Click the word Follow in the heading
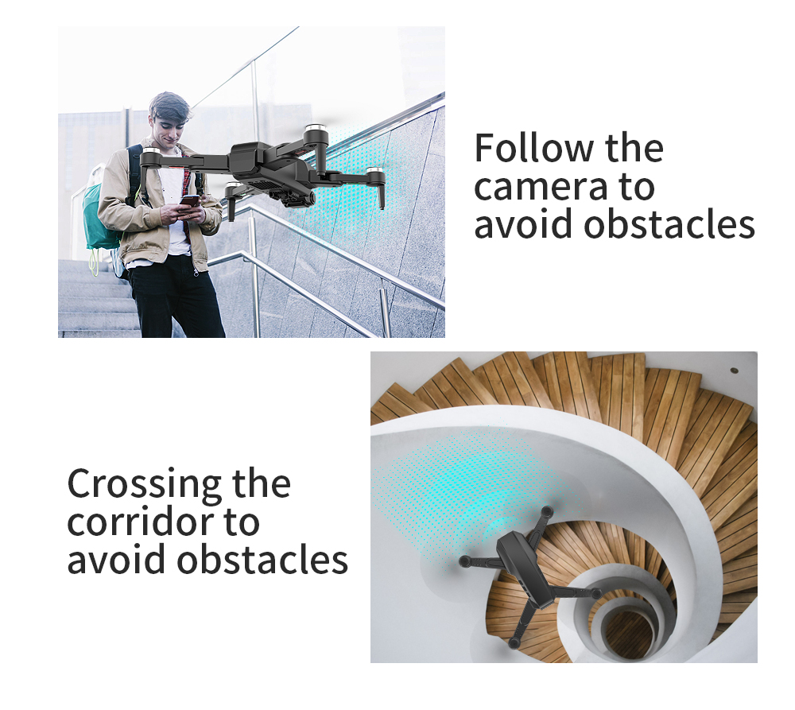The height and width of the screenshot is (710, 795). point(533,148)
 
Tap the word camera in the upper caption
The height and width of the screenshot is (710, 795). point(541,187)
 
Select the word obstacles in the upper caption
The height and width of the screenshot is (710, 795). point(669,223)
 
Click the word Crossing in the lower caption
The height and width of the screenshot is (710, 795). point(145,485)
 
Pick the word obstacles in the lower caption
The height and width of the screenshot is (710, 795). point(262,559)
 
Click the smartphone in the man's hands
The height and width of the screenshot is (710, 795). point(190,201)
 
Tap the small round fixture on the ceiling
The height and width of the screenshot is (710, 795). point(734,371)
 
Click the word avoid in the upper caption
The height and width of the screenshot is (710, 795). point(524,223)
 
